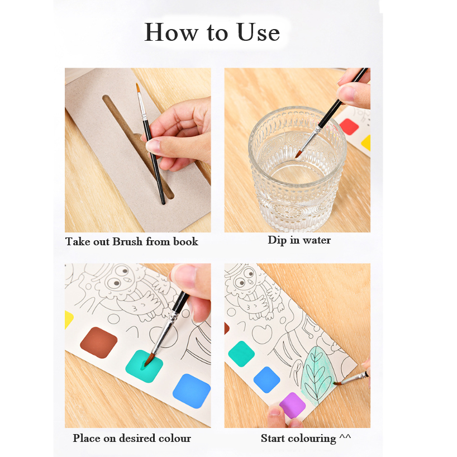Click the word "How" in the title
(171, 32)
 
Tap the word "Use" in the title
(258, 32)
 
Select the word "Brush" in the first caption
(127, 241)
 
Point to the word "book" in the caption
(185, 241)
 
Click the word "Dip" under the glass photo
(277, 240)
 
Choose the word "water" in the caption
(317, 240)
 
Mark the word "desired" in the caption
(137, 438)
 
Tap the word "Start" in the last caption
(273, 439)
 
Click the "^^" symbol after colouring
(345, 436)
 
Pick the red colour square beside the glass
(349, 127)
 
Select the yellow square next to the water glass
(366, 143)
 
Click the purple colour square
(292, 405)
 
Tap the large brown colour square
(99, 343)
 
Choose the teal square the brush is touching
(144, 366)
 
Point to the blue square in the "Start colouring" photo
(266, 380)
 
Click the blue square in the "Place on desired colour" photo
(192, 391)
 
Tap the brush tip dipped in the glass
(298, 154)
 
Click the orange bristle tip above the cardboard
(138, 88)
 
